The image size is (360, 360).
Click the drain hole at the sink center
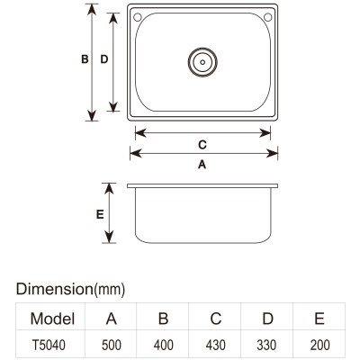tap(202, 62)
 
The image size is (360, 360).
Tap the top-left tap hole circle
tap(138, 17)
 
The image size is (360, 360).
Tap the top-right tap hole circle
tap(268, 17)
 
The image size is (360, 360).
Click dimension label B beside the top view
tap(85, 59)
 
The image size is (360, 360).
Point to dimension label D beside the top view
tap(103, 59)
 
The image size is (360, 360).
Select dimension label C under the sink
tap(202, 145)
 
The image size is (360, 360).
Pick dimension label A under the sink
tap(202, 165)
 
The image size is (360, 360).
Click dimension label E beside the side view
tap(100, 214)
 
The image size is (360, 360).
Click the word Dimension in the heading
tap(54, 289)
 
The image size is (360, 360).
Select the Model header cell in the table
tap(52, 319)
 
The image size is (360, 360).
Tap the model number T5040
tap(49, 345)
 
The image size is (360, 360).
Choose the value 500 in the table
tap(112, 345)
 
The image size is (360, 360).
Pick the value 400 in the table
tap(164, 345)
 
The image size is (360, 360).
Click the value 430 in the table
tap(216, 345)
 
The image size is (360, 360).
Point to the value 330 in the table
tap(266, 345)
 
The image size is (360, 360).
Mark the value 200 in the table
tap(320, 345)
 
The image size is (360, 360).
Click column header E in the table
tap(319, 319)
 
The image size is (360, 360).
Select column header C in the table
tap(216, 319)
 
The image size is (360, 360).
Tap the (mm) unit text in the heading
tap(109, 290)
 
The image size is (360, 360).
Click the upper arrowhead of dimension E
tap(109, 188)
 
